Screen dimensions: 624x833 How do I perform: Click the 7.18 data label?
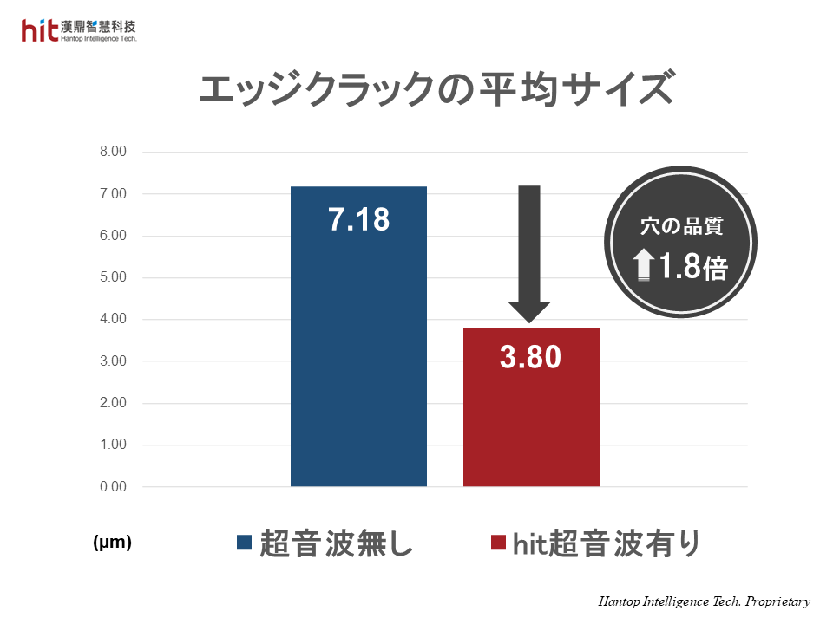pos(358,220)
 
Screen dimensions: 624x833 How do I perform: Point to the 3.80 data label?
pos(531,357)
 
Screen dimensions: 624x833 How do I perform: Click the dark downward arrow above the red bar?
pos(529,251)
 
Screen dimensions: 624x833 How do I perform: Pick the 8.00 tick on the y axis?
pos(113,153)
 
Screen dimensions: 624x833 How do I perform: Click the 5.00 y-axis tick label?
pos(113,278)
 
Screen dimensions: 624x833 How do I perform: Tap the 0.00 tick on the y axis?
pos(113,487)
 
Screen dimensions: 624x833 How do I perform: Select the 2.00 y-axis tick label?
pos(113,404)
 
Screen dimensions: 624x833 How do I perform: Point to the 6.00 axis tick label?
pos(113,237)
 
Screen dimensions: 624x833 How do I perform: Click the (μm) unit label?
pos(112,543)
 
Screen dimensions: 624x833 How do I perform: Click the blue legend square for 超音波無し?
pos(244,543)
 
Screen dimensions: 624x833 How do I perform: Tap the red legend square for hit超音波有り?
pos(497,543)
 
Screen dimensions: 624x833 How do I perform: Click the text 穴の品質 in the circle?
pos(681,227)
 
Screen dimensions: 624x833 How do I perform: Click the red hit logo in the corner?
pos(40,31)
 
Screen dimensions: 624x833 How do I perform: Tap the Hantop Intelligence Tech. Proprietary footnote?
pos(704,601)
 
